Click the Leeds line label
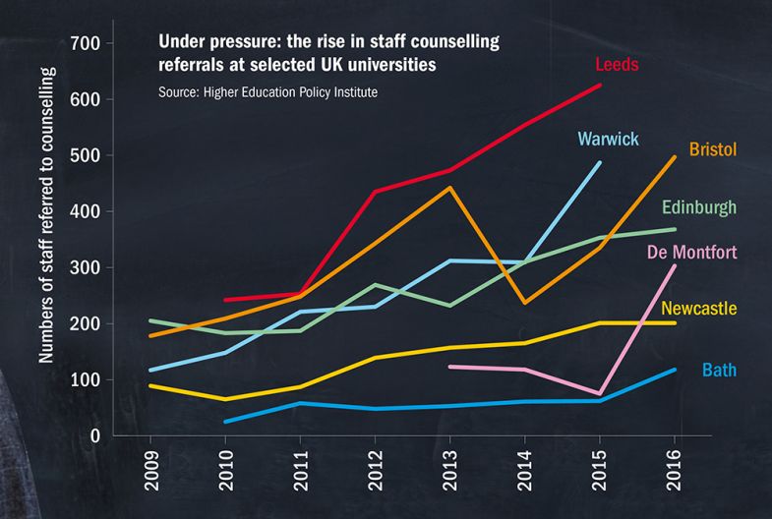(617, 66)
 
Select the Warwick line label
(609, 138)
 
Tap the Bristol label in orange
(714, 149)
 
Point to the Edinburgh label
(699, 208)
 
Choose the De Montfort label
(691, 253)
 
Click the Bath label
(720, 371)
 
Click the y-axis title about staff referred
(46, 216)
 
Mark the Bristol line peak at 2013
(449, 188)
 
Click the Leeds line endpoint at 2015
(600, 86)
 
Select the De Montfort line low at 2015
(600, 393)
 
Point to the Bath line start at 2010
(225, 422)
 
